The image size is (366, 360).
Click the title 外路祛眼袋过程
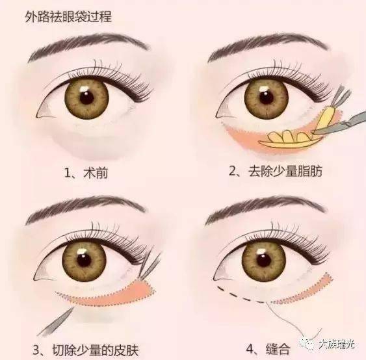point(68,18)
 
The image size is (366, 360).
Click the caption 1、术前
point(86,173)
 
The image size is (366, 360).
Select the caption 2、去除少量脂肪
point(276,171)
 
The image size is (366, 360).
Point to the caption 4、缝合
point(268,349)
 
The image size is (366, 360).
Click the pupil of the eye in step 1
point(87,97)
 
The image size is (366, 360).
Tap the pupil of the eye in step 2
point(267,97)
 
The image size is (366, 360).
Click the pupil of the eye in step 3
point(84,260)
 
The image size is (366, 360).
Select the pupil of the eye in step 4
point(264,260)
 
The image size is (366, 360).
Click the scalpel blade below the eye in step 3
point(55,322)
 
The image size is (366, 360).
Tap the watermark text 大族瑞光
point(336,344)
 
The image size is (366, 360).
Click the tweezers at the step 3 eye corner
point(150,266)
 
